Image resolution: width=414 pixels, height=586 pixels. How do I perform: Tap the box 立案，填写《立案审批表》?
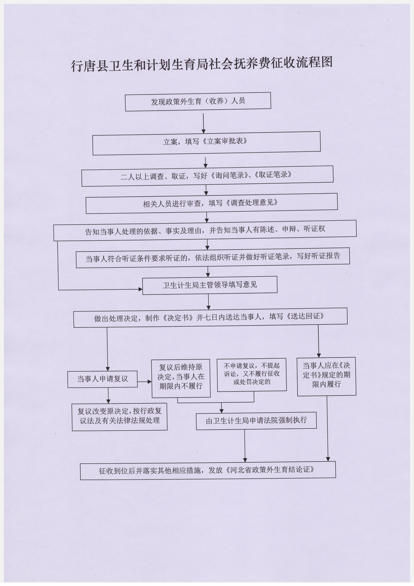coord(206,143)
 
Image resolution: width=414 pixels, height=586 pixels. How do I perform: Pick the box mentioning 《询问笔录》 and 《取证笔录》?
coord(207,176)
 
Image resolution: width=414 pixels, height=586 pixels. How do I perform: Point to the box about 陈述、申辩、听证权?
coord(205,231)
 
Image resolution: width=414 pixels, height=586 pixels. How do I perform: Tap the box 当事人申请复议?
coord(102,379)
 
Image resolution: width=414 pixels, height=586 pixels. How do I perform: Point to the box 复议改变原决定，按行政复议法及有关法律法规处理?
coord(120,417)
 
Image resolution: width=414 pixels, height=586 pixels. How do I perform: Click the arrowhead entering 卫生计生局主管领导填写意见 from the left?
coord(141,289)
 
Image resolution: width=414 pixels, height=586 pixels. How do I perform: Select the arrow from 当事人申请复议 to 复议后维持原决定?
coord(145,382)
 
